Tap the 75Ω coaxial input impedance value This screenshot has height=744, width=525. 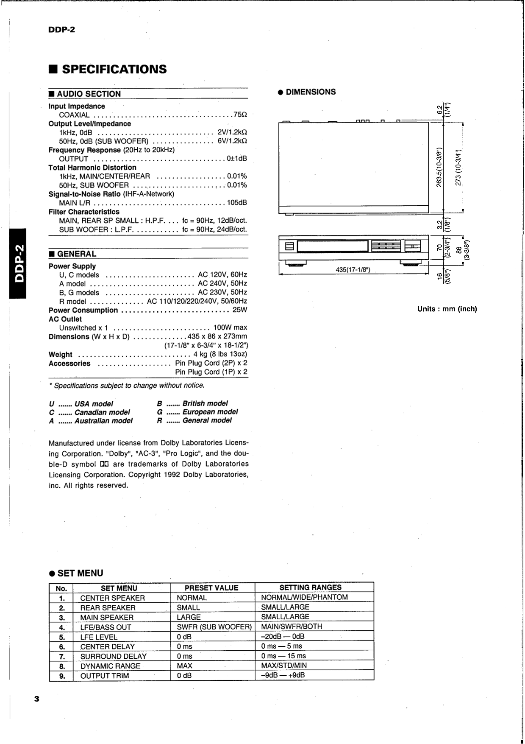point(240,115)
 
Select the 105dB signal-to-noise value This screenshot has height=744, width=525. point(237,203)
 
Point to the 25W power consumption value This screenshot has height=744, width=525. point(239,310)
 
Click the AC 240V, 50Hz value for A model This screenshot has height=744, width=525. point(222,283)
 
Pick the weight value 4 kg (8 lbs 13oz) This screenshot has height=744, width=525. point(220,354)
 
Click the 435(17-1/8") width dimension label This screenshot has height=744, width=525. point(353,270)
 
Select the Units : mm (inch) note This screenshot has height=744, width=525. point(447,309)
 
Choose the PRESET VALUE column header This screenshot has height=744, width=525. point(211,588)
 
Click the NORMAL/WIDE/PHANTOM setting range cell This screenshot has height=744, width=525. point(304,597)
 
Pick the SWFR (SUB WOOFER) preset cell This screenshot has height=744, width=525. point(214,627)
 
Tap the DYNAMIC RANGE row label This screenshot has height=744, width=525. point(110,666)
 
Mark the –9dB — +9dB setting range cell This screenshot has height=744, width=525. point(283,675)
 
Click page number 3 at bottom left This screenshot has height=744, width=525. point(36,699)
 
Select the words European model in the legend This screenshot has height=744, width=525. point(210,412)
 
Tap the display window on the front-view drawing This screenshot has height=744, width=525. point(333,246)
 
